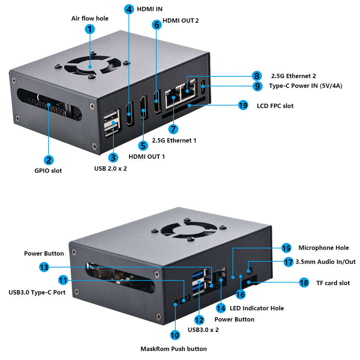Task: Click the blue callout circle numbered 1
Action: pyautogui.click(x=90, y=29)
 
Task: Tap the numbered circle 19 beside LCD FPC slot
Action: pyautogui.click(x=243, y=105)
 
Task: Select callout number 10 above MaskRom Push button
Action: pyautogui.click(x=175, y=335)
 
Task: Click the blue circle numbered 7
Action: pyautogui.click(x=173, y=129)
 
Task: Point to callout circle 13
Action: pyautogui.click(x=44, y=267)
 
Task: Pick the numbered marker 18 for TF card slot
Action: pyautogui.click(x=304, y=283)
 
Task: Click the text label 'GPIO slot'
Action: pyautogui.click(x=48, y=171)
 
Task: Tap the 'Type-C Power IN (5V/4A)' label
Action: pyautogui.click(x=306, y=86)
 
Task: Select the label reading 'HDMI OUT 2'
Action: pyautogui.click(x=181, y=21)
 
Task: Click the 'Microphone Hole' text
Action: pyautogui.click(x=323, y=248)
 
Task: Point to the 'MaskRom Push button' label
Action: pyautogui.click(x=174, y=348)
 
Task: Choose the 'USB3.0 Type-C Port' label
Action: pyautogui.click(x=37, y=292)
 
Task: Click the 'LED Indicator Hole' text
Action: pyautogui.click(x=256, y=308)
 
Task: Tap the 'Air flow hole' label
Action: pyautogui.click(x=90, y=18)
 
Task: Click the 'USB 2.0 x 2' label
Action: pyautogui.click(x=111, y=168)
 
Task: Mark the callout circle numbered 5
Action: pyautogui.click(x=143, y=145)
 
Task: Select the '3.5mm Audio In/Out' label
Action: pyautogui.click(x=325, y=262)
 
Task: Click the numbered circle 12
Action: pyautogui.click(x=199, y=320)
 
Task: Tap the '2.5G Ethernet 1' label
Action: pyautogui.click(x=174, y=140)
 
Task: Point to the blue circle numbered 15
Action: pyautogui.click(x=286, y=248)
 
